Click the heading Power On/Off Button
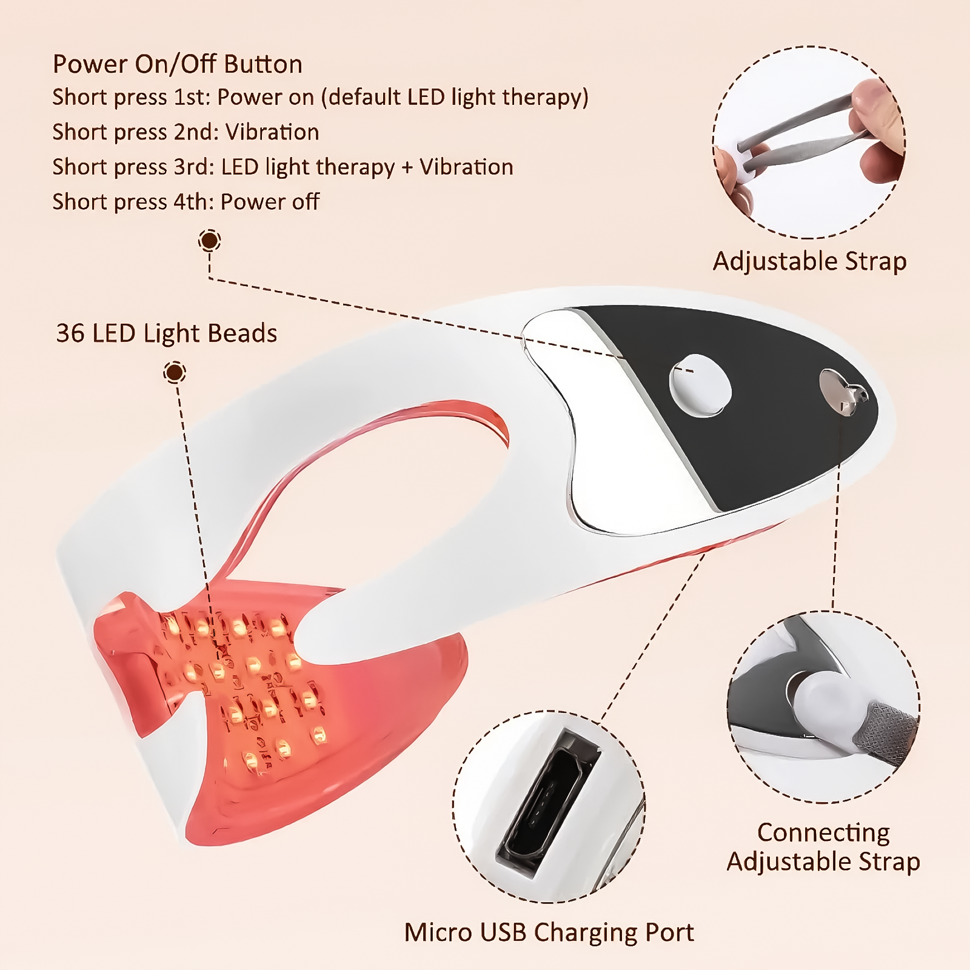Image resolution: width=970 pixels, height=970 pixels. click(177, 64)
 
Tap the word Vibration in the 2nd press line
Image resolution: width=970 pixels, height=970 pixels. click(272, 132)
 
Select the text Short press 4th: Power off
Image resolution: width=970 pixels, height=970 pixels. click(186, 202)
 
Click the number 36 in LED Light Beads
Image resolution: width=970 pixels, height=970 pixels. click(70, 333)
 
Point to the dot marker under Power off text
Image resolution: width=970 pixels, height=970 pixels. click(210, 241)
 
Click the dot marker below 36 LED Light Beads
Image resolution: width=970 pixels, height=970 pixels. click(175, 372)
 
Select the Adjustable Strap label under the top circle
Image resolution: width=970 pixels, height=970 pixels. click(809, 261)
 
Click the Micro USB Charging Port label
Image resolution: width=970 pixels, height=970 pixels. click(549, 932)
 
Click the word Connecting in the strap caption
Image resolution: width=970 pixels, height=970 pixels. click(823, 832)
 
